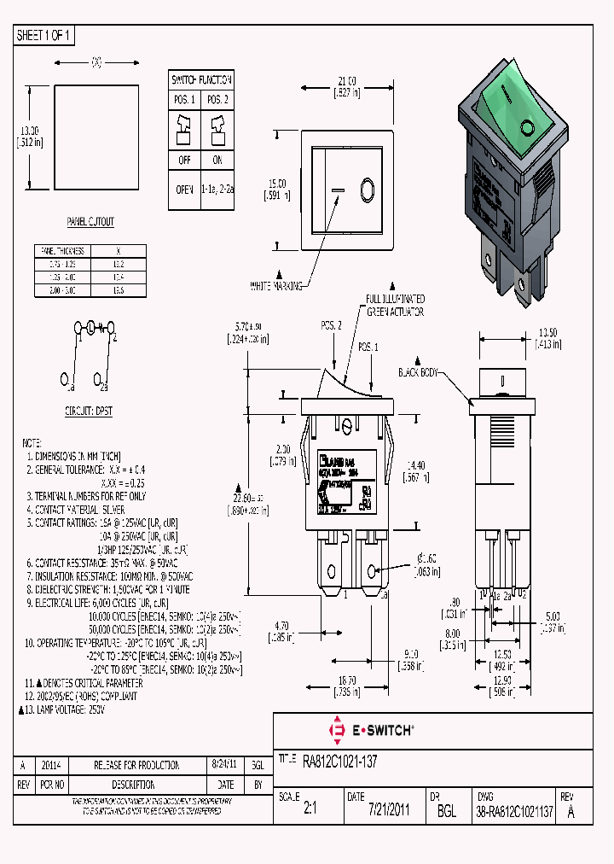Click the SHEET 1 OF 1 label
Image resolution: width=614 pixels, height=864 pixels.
coord(45,35)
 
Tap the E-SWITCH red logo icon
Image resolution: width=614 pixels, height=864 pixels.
coord(335,731)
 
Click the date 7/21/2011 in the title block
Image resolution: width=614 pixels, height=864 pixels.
coord(389,810)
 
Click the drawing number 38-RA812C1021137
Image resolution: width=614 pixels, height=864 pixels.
coord(514,810)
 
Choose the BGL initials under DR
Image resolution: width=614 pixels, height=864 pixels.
coord(445,810)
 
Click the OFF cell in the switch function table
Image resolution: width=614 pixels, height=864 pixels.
coord(183,160)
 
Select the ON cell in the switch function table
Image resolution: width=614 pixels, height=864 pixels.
coord(217,160)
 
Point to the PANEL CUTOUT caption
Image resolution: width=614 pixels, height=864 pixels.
coord(90,221)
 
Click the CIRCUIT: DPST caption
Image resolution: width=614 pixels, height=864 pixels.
coord(90,410)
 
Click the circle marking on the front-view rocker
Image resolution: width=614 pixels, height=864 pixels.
coord(368,189)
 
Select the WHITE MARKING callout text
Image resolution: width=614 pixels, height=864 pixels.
coord(276,286)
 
